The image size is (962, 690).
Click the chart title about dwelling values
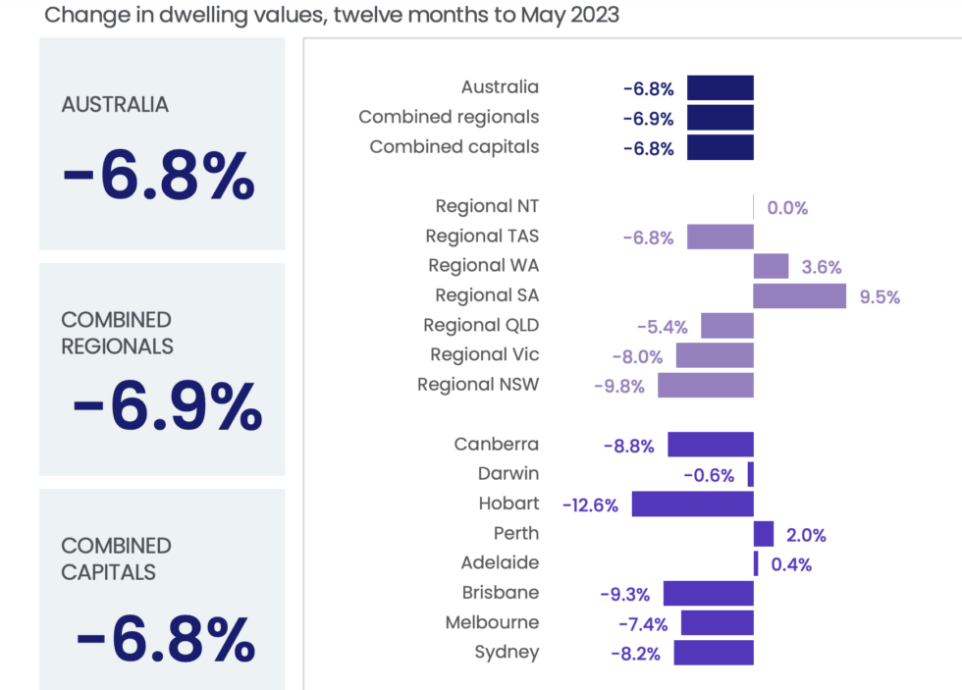point(331,15)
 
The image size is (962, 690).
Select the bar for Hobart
point(692,504)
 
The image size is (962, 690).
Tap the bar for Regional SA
point(799,295)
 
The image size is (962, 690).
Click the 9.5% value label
point(880,297)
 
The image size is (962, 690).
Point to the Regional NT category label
point(487,206)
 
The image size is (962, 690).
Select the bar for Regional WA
point(771,266)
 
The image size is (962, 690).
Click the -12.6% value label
point(590,505)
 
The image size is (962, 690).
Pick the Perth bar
point(764,534)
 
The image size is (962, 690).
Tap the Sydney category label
point(507,652)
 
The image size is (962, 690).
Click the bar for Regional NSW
point(705,385)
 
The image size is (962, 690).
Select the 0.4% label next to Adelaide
point(791,565)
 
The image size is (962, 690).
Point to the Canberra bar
point(711,445)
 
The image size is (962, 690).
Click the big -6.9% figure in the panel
point(167,406)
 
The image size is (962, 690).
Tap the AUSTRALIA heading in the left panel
point(115,105)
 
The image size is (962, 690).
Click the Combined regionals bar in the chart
point(720,118)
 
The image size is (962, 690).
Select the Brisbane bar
point(708,594)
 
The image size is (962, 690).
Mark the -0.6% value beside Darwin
point(709,476)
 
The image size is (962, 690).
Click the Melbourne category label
point(492,622)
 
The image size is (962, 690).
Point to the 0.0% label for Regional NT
point(787,208)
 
